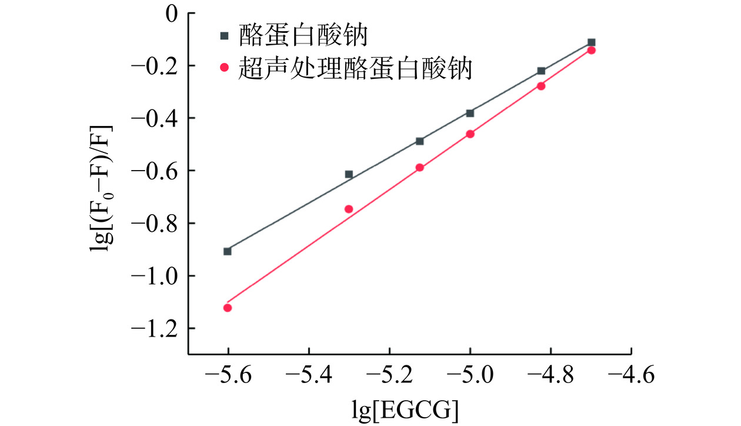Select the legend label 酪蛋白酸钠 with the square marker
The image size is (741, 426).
(303, 36)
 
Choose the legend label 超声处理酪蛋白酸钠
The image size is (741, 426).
(355, 68)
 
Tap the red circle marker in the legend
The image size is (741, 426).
(223, 68)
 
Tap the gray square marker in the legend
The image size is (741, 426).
(223, 36)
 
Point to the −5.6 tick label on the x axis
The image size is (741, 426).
(228, 376)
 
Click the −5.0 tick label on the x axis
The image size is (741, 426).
(470, 376)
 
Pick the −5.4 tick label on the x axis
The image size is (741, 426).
(308, 376)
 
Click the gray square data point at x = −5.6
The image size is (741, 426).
(228, 251)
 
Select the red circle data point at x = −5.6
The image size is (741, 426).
(228, 308)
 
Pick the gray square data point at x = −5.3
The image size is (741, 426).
(349, 174)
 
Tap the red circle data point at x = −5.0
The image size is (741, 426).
(470, 134)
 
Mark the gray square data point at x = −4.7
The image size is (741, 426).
(591, 42)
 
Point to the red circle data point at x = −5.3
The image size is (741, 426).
(349, 209)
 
